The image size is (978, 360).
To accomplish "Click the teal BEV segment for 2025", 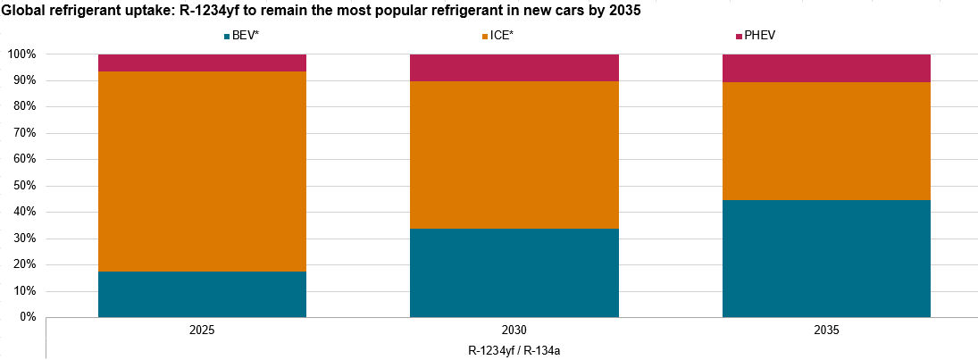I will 202,294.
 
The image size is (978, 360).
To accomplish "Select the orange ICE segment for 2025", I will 202,171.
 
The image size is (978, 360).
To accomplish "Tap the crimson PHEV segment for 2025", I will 202,63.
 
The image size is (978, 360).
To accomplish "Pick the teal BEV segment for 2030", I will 514,272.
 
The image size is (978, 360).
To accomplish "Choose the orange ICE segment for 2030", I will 514,155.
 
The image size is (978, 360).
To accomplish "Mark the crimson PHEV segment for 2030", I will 514,67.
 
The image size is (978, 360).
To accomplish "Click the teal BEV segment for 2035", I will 826,258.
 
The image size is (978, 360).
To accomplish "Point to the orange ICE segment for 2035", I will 826,140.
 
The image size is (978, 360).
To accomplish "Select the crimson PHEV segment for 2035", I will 826,68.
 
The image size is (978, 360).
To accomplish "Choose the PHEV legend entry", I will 760,37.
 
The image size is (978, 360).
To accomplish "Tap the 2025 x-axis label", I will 202,331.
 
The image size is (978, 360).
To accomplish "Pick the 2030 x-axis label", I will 514,331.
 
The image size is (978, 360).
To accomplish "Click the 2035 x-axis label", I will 826,331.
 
